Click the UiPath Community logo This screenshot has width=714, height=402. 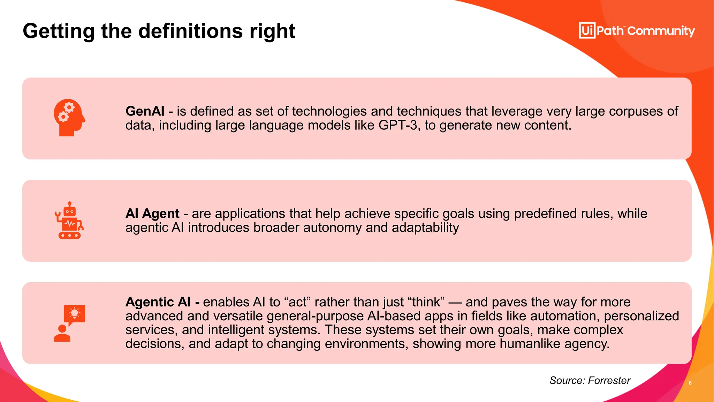pos(637,31)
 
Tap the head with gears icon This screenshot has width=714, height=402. pos(69,118)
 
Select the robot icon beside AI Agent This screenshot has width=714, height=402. pos(69,220)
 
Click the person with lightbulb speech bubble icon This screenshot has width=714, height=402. pos(69,323)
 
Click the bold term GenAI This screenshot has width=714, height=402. pos(145,111)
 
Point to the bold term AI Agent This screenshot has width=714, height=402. pos(152,214)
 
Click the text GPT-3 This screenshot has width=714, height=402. pos(398,125)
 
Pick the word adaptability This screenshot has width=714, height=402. pos(425,228)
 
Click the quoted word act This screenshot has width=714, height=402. pos(297,302)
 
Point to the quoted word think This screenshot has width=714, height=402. pos(426,302)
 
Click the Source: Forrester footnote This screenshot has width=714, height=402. pos(590,380)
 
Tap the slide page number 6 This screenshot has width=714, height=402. pos(690,383)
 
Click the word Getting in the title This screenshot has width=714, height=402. pos(59,31)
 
